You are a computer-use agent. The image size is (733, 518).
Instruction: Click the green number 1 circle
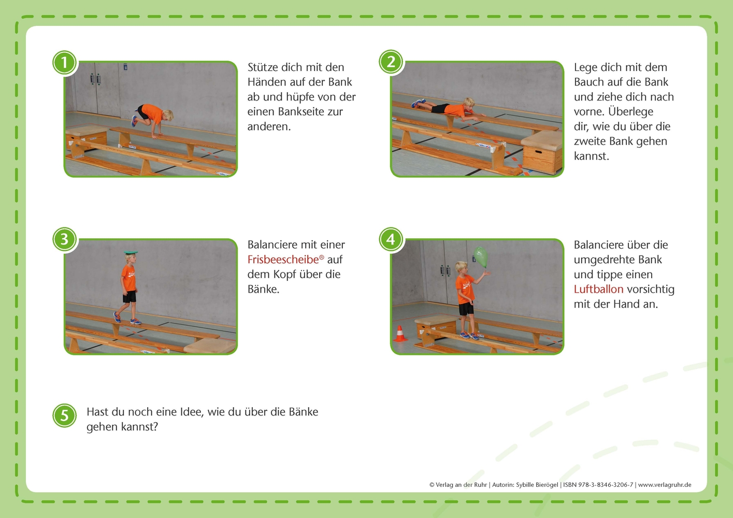[64, 63]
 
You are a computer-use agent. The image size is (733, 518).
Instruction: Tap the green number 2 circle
[391, 63]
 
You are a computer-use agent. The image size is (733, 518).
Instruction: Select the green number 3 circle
[64, 239]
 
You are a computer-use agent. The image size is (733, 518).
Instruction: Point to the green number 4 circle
[391, 239]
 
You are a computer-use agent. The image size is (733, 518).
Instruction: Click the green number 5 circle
[64, 415]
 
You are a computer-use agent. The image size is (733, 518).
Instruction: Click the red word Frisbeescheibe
[283, 260]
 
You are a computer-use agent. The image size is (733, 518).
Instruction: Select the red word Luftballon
[598, 289]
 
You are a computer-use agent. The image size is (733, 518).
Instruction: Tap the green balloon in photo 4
[481, 256]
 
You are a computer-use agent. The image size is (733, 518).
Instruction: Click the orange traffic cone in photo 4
[399, 334]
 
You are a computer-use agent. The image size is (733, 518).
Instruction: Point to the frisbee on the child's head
[130, 252]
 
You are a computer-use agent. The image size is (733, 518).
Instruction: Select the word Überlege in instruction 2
[630, 112]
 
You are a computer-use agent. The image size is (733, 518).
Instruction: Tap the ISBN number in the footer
[598, 485]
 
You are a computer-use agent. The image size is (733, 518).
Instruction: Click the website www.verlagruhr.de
[665, 485]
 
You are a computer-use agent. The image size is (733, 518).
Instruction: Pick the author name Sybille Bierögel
[537, 485]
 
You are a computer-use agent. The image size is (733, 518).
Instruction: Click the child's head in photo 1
[168, 115]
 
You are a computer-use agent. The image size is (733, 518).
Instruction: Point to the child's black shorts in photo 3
[130, 296]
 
